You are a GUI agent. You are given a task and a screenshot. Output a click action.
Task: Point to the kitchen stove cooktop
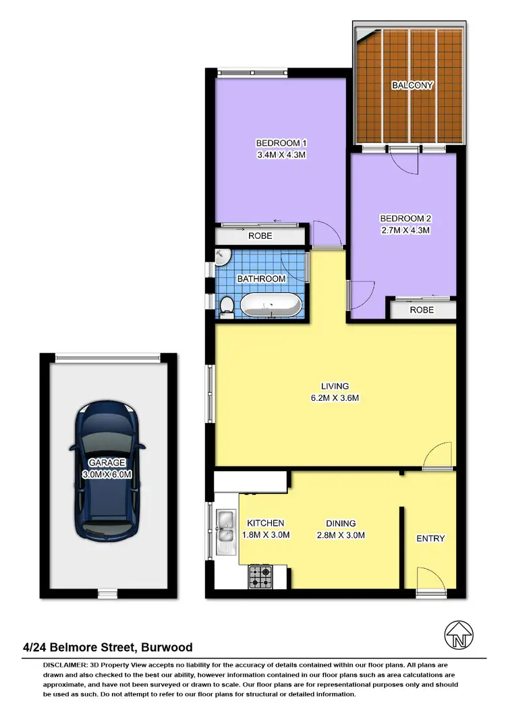tap(261, 576)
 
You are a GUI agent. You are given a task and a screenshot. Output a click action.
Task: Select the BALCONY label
tap(412, 86)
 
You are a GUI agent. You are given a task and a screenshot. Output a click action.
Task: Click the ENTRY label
tap(430, 538)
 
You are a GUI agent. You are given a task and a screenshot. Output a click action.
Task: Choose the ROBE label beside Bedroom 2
tap(422, 310)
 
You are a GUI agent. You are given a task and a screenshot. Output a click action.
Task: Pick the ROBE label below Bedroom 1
tap(260, 236)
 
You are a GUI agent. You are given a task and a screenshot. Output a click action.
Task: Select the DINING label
tap(341, 523)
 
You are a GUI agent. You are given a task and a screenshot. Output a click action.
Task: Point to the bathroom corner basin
tap(223, 256)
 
